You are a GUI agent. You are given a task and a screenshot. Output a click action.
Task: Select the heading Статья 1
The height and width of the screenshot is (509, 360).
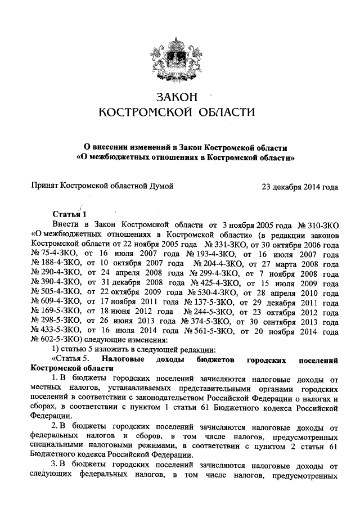70,214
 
